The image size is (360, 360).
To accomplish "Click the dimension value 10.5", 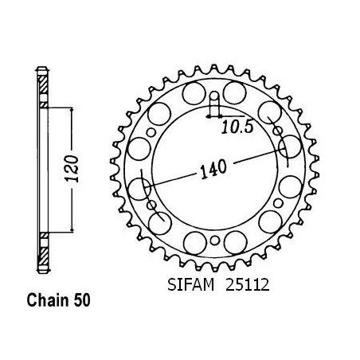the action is coord(237,127).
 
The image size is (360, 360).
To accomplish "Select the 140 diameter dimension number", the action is coord(213,170).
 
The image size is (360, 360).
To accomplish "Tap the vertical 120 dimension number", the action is coord(72,169).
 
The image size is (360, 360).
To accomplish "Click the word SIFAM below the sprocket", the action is coord(190,285).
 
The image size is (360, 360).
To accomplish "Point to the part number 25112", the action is coord(247,285).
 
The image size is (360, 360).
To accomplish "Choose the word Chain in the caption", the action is coord(48,300).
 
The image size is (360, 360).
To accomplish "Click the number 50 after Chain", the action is coord(82,300).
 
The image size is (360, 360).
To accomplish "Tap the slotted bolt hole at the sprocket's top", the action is coord(215,101).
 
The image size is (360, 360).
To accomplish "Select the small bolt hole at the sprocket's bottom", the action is coord(215,241).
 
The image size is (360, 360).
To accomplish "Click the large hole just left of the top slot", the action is coord(194,93).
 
